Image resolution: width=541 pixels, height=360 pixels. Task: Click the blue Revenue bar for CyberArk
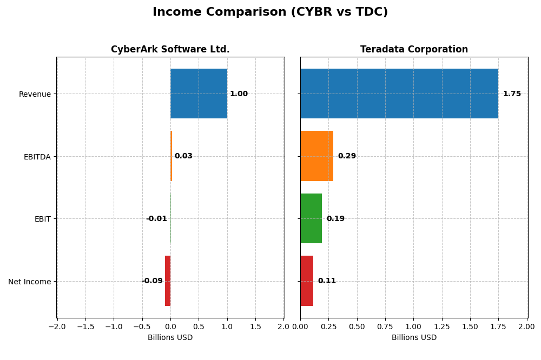click(199, 94)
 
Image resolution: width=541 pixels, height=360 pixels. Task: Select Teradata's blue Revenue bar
click(399, 94)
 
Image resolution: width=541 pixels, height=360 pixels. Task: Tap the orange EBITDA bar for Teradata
click(316, 156)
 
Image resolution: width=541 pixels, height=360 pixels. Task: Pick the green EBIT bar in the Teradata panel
click(311, 218)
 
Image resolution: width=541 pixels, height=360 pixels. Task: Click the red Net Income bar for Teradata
click(307, 281)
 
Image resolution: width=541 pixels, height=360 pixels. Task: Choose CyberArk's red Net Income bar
click(168, 281)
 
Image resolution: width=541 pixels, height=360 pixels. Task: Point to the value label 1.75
click(512, 94)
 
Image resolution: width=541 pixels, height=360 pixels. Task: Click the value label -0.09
click(152, 281)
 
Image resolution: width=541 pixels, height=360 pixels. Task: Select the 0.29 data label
click(347, 156)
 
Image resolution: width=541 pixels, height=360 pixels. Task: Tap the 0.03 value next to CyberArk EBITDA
click(183, 156)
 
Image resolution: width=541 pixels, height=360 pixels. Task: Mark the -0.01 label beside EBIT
click(156, 219)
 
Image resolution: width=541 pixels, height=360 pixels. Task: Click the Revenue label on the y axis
click(35, 94)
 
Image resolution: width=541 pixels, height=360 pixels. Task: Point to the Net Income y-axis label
click(29, 282)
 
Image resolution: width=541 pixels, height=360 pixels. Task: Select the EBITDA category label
click(37, 157)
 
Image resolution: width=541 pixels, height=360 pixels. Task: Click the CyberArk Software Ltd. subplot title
click(170, 50)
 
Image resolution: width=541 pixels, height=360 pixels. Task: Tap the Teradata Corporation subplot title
click(414, 50)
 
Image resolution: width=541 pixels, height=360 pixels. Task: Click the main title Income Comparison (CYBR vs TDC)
click(270, 12)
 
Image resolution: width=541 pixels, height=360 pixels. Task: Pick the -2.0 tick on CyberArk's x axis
click(57, 326)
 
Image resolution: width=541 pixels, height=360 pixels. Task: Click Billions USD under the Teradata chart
click(414, 338)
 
